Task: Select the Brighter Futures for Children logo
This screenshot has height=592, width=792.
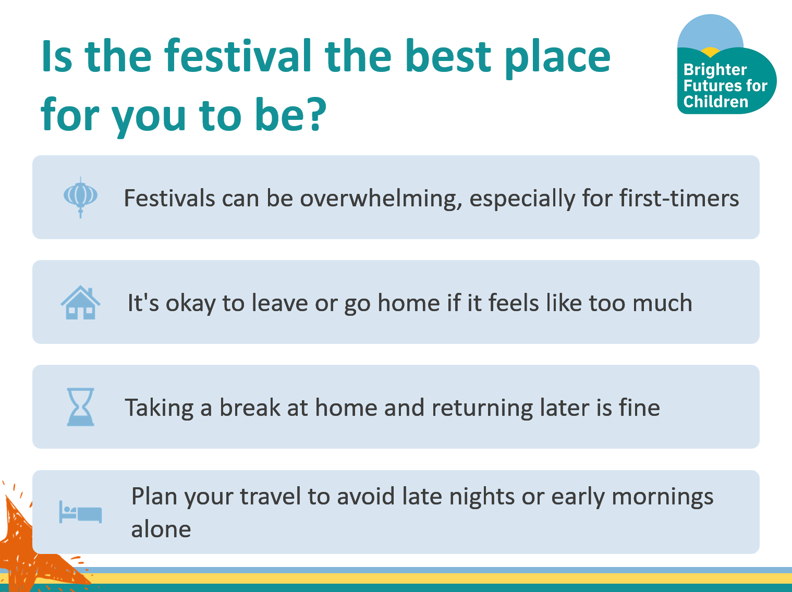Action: pyautogui.click(x=726, y=64)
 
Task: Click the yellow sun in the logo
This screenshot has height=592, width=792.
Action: pyautogui.click(x=710, y=52)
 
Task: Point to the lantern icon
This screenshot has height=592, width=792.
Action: pyautogui.click(x=80, y=197)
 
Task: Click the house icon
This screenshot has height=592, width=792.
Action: pyautogui.click(x=80, y=302)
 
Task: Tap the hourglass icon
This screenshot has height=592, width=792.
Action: pyautogui.click(x=80, y=407)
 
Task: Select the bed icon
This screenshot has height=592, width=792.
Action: pyautogui.click(x=80, y=512)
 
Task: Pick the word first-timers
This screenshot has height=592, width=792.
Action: pyautogui.click(x=679, y=198)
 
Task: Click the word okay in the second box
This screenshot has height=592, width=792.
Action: pyautogui.click(x=190, y=303)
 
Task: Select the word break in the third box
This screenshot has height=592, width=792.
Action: pyautogui.click(x=250, y=408)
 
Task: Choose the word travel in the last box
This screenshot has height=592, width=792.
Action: pyautogui.click(x=270, y=496)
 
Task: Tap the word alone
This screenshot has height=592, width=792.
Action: pyautogui.click(x=161, y=529)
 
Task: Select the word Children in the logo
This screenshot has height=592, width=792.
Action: pyautogui.click(x=716, y=102)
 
